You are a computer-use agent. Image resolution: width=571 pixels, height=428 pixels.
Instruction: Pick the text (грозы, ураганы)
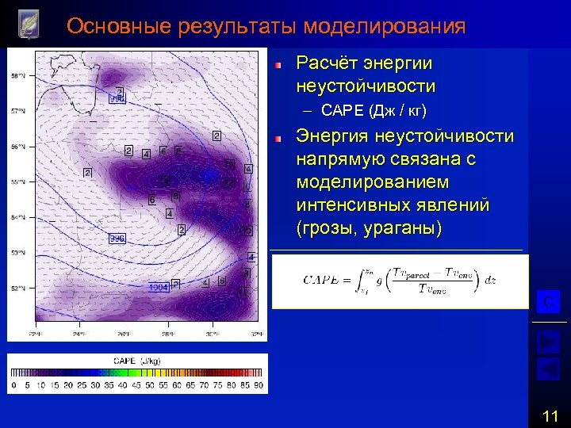(370, 228)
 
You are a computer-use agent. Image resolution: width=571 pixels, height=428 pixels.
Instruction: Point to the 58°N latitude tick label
(17, 76)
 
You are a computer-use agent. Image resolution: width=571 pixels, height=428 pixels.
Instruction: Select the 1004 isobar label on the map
(159, 288)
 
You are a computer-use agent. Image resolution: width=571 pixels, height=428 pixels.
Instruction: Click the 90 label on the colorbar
(259, 386)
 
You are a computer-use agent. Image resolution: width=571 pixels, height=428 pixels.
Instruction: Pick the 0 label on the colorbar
(13, 386)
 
